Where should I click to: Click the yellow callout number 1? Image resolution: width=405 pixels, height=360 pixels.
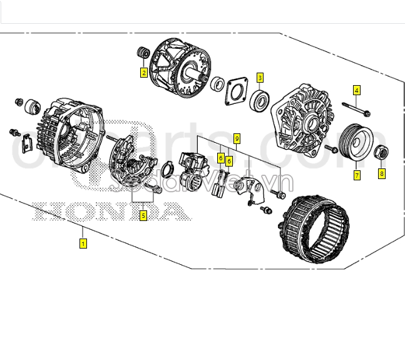tap(83, 243)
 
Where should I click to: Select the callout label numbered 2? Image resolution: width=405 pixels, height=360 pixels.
tap(143, 73)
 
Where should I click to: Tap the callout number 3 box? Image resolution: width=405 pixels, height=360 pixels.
tap(260, 78)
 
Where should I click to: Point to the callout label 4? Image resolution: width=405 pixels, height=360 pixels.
tap(357, 90)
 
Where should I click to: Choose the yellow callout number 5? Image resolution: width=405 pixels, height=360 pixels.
tap(143, 216)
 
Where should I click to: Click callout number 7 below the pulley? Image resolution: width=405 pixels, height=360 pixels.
tap(357, 175)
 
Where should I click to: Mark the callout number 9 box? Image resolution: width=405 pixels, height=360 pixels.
tap(237, 137)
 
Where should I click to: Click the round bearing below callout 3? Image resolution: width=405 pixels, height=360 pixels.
tap(260, 100)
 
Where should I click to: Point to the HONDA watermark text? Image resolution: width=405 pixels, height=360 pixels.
tap(110, 212)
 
